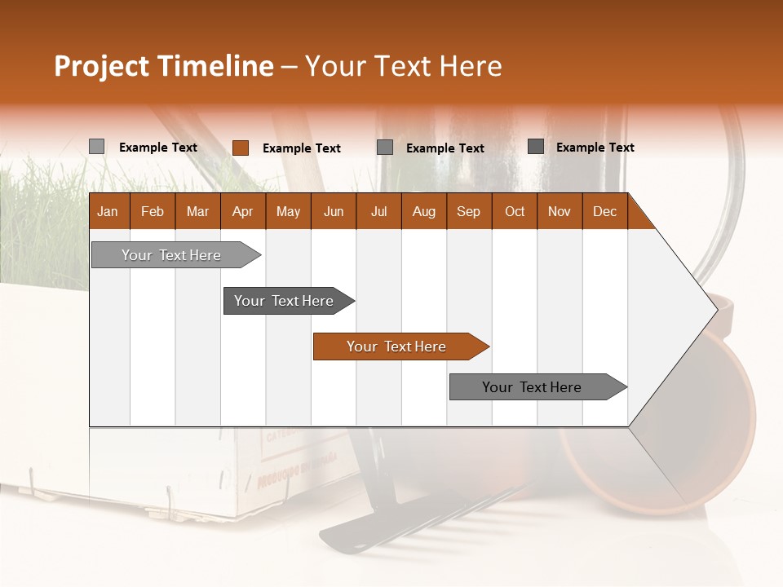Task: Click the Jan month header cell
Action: coord(108,211)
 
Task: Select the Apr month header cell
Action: coord(243,211)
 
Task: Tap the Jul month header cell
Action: coord(379,211)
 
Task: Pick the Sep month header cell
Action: coord(469,211)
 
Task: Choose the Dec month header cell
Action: coord(604,211)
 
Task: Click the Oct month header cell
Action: coord(515,211)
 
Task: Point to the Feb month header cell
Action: coord(153,211)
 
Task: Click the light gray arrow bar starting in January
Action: coord(171,255)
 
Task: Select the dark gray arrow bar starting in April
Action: coord(284,301)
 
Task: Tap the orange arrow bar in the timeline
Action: coord(396,346)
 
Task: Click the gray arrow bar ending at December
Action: coord(532,387)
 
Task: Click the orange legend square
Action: coord(240,148)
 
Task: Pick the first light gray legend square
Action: coord(96,147)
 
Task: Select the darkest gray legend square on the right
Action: coord(536,147)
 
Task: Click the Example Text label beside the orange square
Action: coord(302,148)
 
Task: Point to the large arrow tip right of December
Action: coord(685,310)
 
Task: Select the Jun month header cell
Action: coord(334,211)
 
